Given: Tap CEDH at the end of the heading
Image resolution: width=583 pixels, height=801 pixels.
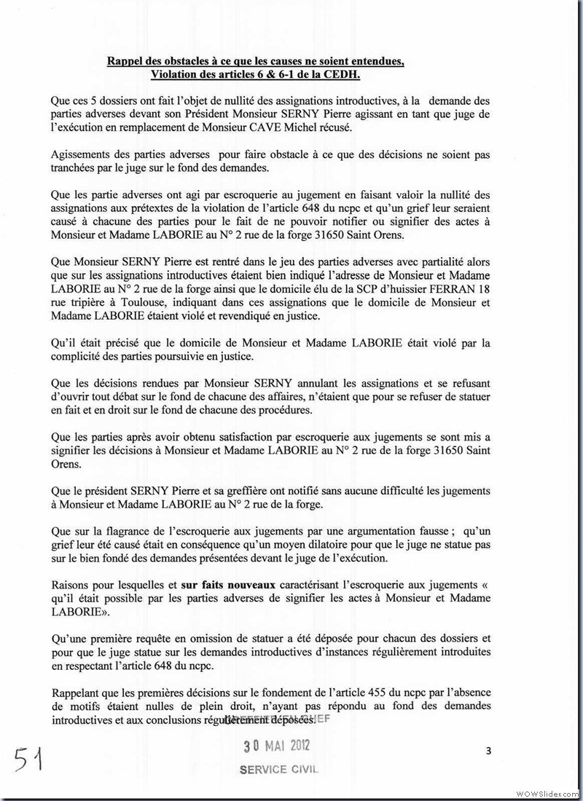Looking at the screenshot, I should point(360,75).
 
